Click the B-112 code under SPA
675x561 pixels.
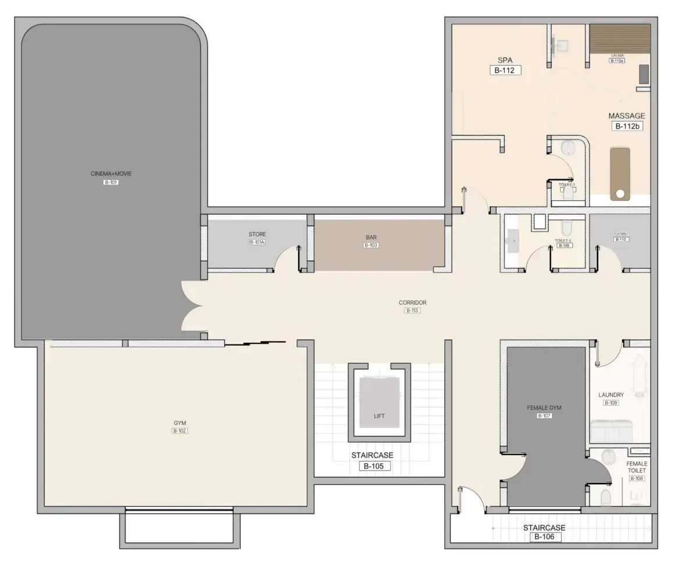(505, 70)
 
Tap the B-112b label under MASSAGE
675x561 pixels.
(627, 126)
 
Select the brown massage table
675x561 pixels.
(620, 173)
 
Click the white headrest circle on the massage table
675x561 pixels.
(620, 193)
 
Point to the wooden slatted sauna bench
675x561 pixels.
(619, 38)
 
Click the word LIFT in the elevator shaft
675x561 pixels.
(379, 416)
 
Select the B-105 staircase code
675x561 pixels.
(372, 466)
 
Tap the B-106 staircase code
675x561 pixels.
(544, 537)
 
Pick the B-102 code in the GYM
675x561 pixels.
(180, 431)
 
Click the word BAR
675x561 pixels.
(371, 237)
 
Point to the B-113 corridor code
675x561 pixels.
(412, 311)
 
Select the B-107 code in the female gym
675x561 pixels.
(544, 416)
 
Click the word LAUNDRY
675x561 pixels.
(611, 395)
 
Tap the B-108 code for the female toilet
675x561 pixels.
(637, 478)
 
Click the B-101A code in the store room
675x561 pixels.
(257, 242)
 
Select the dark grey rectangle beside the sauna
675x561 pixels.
(644, 74)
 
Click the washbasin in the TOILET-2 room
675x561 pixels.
(512, 239)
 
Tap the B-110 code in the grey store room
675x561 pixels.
(621, 239)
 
